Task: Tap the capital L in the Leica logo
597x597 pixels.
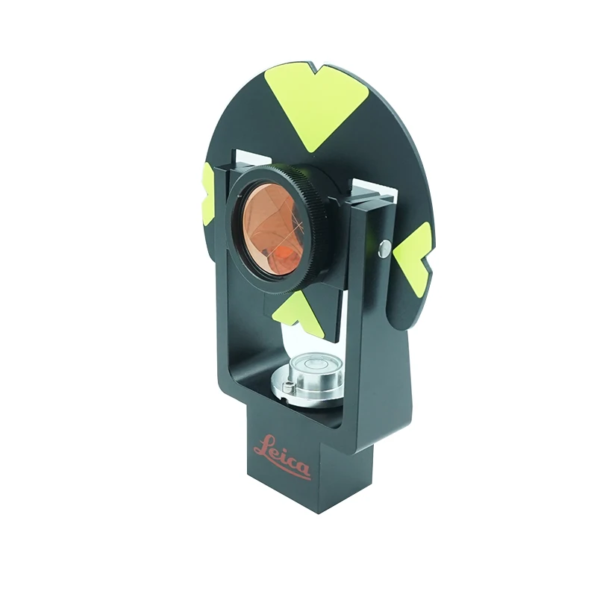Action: click(x=263, y=446)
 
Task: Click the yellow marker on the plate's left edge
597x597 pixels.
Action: click(x=208, y=195)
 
